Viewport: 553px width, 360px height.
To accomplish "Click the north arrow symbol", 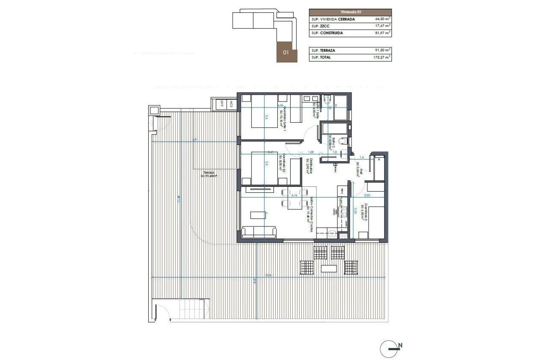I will tap(390, 348).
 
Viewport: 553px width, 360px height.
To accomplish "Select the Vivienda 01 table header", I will tap(350, 12).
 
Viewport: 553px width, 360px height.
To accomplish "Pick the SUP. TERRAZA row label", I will tap(323, 50).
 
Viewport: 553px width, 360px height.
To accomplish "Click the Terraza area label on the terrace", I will tap(209, 174).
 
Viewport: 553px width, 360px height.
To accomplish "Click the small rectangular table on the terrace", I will tap(329, 269).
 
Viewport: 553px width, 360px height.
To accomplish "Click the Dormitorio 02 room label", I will tap(280, 163).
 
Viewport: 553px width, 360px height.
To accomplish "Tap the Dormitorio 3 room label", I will tap(363, 212).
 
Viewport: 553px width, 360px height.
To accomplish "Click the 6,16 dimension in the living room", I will tap(294, 195).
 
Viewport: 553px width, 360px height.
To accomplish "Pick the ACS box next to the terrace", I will tap(231, 104).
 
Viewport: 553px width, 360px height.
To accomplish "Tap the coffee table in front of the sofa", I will tap(258, 214).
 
